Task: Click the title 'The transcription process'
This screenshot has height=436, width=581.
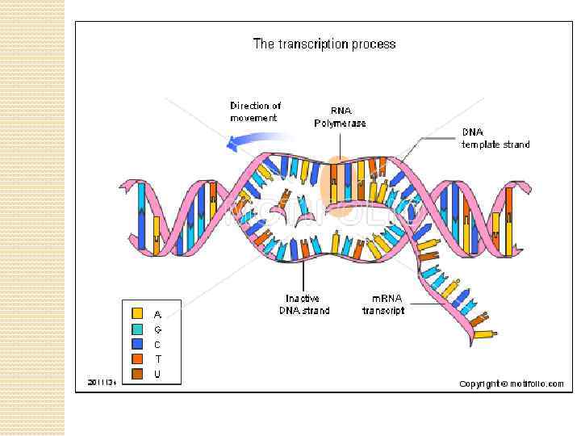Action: tap(324, 44)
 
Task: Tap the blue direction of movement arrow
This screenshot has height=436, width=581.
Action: tap(246, 141)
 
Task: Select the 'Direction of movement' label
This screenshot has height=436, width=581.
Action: tap(255, 111)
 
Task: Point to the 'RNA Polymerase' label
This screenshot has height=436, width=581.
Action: tap(340, 117)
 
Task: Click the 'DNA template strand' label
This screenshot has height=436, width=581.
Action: tap(495, 138)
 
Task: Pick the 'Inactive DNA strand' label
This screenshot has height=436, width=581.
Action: tap(304, 304)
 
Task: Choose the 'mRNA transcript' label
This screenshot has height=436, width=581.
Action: tap(382, 304)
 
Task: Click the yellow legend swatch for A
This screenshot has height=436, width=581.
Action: tap(138, 313)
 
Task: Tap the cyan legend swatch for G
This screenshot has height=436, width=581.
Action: tap(138, 329)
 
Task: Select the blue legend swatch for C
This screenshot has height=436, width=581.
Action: tap(138, 344)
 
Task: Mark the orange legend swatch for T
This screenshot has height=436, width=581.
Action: tap(138, 358)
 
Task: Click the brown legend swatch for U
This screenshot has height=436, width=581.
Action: tap(138, 374)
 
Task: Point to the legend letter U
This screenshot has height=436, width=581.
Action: tap(157, 374)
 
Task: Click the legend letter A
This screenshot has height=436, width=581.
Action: tap(157, 313)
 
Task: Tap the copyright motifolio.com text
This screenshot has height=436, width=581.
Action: tap(512, 384)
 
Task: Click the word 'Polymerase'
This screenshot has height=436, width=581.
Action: tap(340, 124)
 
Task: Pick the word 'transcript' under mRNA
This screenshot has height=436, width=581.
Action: tap(382, 311)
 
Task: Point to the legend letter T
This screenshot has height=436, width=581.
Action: tap(157, 358)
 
